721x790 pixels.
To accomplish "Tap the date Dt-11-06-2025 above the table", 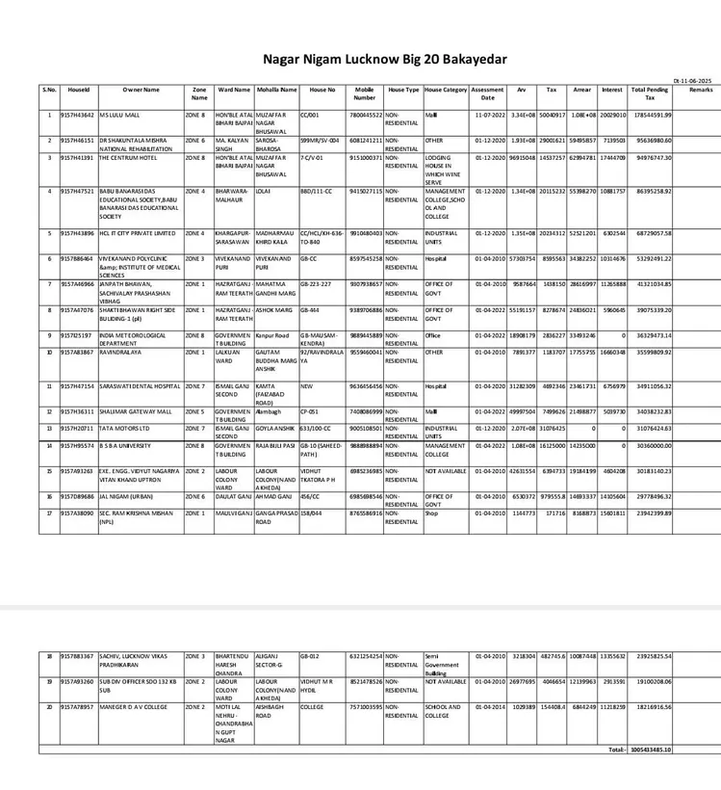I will point(692,80).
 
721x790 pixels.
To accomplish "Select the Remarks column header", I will point(700,90).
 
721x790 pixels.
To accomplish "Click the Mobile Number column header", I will point(364,93).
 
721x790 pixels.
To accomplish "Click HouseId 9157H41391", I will point(78,157).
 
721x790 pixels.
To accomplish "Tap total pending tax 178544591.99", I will point(651,115).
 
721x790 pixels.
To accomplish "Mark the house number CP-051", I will point(309,411).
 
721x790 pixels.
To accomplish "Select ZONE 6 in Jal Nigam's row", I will point(195,496).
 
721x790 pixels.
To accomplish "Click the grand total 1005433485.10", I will point(651,749).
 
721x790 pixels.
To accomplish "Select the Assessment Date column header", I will point(488,93).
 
